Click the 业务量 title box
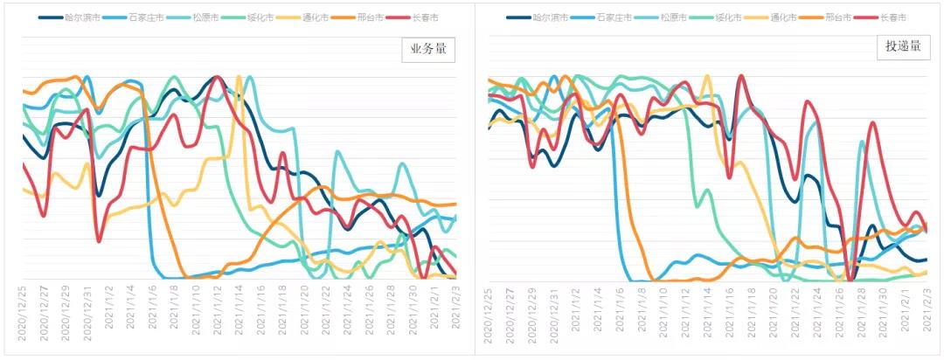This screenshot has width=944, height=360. [x=429, y=51]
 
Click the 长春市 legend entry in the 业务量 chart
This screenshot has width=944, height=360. [x=439, y=17]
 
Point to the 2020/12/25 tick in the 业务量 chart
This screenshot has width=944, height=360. [x=23, y=315]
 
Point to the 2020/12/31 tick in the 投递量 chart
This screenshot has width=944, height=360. [x=554, y=315]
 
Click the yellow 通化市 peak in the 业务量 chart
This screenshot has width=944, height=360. [x=239, y=78]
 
